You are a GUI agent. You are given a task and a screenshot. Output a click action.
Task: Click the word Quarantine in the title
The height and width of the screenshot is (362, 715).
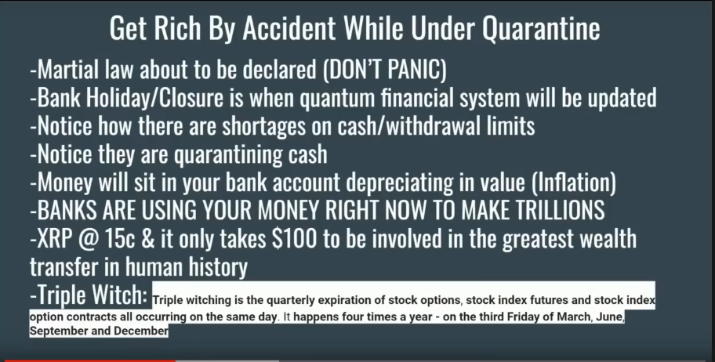tap(541, 27)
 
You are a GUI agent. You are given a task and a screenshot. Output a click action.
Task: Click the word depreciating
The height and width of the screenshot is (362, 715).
tap(400, 183)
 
